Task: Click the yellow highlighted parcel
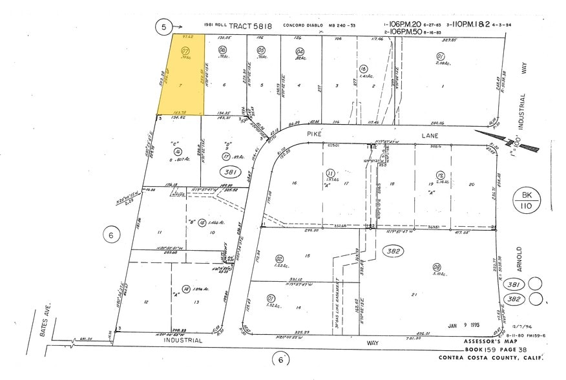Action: pyautogui.click(x=182, y=74)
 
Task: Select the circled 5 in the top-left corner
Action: pyautogui.click(x=164, y=27)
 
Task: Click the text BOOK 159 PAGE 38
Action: pyautogui.click(x=487, y=350)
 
